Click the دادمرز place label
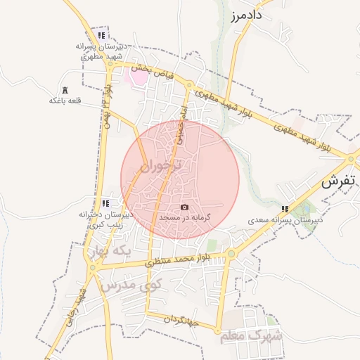pyautogui.click(x=245, y=14)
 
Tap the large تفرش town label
pyautogui.click(x=340, y=181)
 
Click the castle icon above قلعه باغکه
pyautogui.click(x=65, y=90)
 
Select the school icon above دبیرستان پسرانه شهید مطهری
pyautogui.click(x=102, y=35)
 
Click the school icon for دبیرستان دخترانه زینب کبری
pyautogui.click(x=105, y=202)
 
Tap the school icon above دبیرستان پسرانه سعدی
pyautogui.click(x=285, y=209)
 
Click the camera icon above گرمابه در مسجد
pyautogui.click(x=184, y=207)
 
